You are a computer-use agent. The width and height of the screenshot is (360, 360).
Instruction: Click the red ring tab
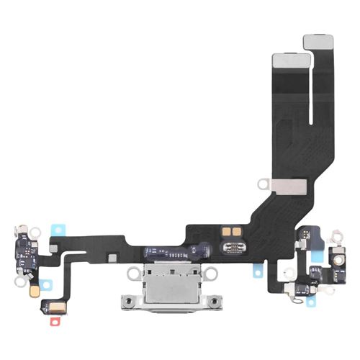point(52,318)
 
